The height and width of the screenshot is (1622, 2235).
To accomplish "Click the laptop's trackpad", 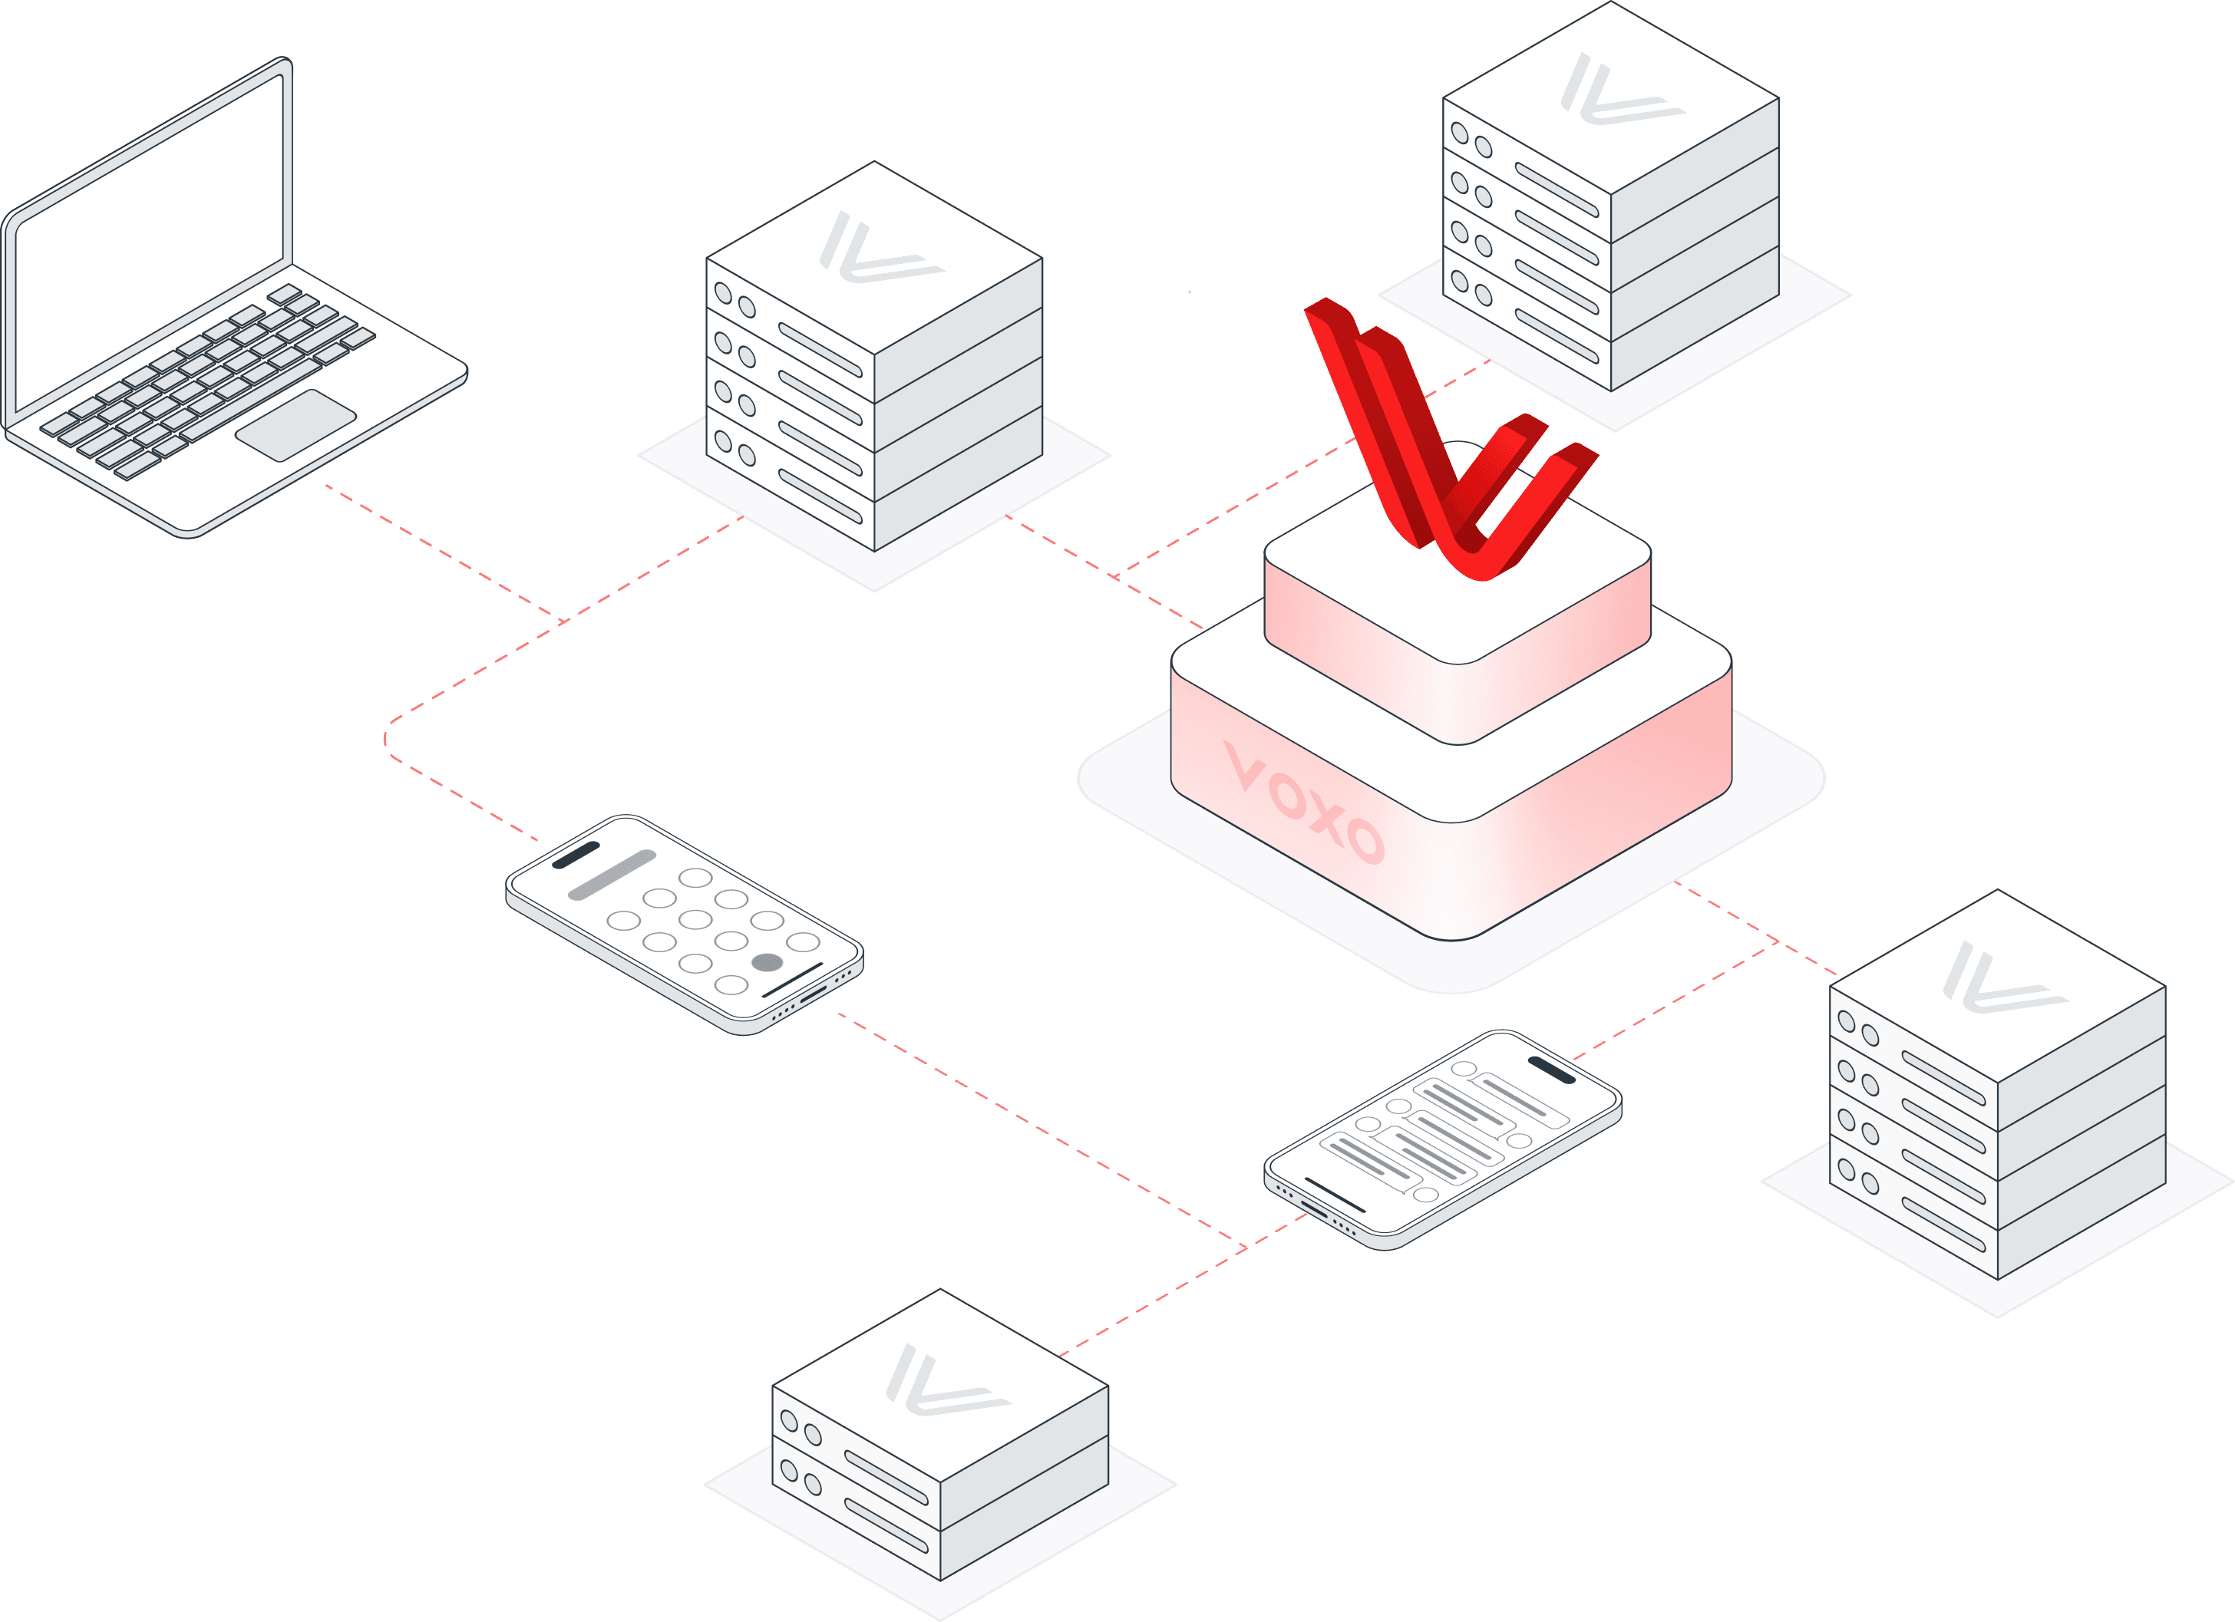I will click(x=295, y=425).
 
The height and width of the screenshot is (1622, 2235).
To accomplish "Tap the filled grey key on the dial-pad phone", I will click(x=767, y=963).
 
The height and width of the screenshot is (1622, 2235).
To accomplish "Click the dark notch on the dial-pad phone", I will click(x=576, y=856).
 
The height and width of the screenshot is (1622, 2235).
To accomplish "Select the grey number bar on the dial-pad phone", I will click(x=612, y=875).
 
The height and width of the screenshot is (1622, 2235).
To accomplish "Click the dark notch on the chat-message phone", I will click(x=1551, y=1069).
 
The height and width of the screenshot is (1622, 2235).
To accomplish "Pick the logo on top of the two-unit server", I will click(x=946, y=1380).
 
